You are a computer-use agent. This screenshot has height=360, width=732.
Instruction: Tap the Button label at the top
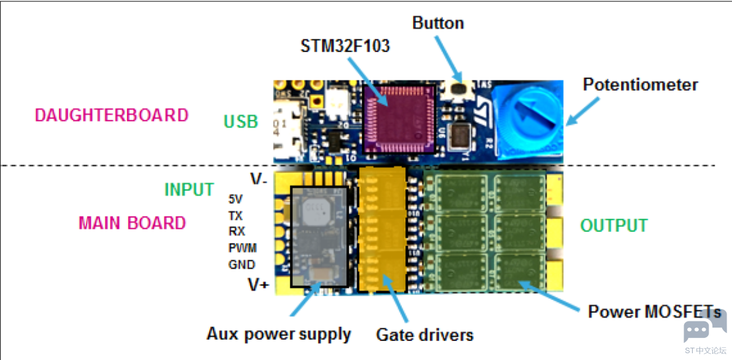click(x=438, y=23)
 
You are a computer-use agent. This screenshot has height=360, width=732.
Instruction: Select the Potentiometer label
click(x=641, y=85)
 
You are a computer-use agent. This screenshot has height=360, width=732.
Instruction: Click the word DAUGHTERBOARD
click(x=112, y=115)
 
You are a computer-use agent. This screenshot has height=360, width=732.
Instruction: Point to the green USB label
click(x=241, y=122)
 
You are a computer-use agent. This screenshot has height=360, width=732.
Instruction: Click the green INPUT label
click(x=189, y=190)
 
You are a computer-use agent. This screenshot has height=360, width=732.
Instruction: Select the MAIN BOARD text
click(x=132, y=223)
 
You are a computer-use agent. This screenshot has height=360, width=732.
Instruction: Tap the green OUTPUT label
click(x=614, y=226)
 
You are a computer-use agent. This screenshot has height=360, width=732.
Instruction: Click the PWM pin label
click(x=242, y=248)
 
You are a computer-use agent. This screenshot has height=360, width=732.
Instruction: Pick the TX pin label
click(x=236, y=216)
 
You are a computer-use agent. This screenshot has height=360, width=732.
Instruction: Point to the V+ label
click(x=258, y=285)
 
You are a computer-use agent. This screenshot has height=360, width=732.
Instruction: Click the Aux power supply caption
click(x=279, y=334)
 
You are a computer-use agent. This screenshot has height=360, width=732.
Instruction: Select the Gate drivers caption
click(x=425, y=334)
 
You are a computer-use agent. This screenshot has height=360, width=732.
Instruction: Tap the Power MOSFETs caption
click(x=655, y=312)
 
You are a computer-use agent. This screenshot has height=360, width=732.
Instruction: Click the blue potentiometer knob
click(x=527, y=120)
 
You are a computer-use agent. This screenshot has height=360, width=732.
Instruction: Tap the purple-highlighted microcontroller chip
click(x=399, y=119)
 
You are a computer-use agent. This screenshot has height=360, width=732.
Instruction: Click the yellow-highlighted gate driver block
click(x=381, y=229)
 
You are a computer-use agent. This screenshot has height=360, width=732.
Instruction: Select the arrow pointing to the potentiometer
click(x=582, y=111)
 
